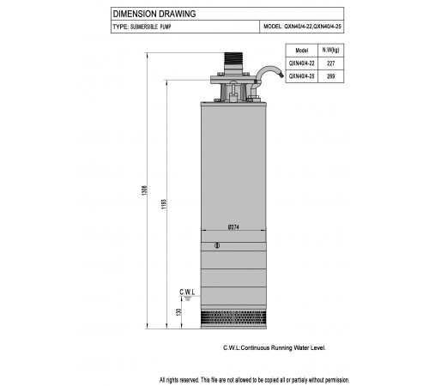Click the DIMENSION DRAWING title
tap(154, 14)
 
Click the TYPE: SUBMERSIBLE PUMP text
tap(142, 27)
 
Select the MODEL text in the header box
tap(302, 27)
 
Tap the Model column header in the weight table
tap(302, 51)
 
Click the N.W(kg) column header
tap(330, 50)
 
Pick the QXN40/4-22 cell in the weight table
tap(302, 63)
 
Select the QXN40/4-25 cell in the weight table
tap(302, 76)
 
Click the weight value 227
tap(330, 63)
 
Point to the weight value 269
tap(330, 76)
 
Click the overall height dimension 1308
tap(145, 190)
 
